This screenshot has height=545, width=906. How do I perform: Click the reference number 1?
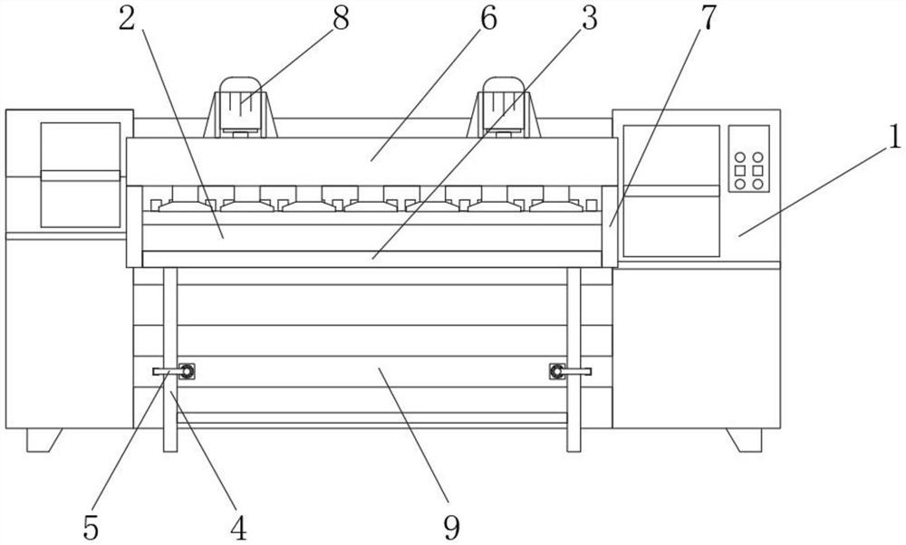point(893,138)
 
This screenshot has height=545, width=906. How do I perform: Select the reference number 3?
point(589,19)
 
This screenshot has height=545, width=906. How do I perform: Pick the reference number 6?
point(487,19)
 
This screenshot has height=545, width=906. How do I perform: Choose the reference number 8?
point(341,19)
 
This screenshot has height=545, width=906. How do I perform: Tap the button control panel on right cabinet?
point(748,158)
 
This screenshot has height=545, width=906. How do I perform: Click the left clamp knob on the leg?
point(187,370)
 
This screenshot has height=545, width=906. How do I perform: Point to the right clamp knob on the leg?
point(556,370)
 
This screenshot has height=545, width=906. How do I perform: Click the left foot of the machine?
point(43,440)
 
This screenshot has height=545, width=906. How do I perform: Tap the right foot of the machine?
point(745,440)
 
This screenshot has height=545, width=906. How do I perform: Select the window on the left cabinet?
point(81,175)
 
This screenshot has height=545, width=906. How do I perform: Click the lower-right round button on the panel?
point(757,184)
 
